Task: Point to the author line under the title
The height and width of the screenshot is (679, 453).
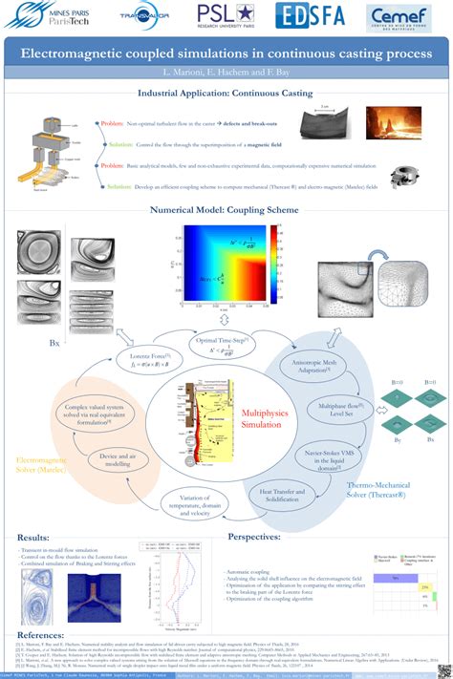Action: coord(226,73)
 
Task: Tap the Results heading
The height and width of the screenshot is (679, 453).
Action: coord(35,538)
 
